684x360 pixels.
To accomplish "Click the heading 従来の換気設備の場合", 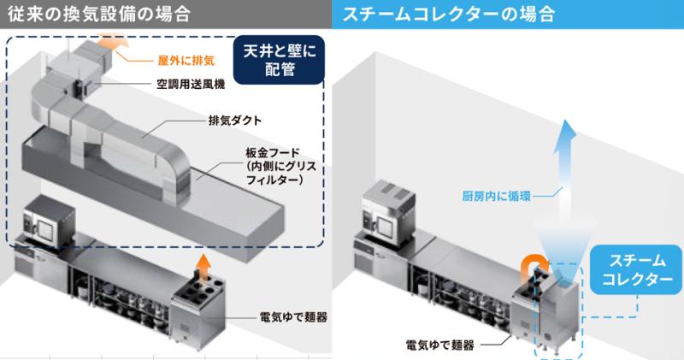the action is [99, 14].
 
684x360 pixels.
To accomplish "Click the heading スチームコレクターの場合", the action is [448, 14].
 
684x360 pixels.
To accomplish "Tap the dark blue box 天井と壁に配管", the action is [280, 60].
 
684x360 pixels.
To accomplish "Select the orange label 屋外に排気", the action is [186, 60].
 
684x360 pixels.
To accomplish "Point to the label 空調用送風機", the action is [191, 84].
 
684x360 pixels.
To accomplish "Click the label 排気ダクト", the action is [234, 120].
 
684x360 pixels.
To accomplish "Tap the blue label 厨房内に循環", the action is [496, 196].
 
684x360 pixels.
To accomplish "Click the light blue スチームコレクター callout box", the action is [636, 269].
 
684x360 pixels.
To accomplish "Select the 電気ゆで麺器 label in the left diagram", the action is [293, 316].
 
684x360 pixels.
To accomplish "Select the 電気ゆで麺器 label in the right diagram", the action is [439, 345].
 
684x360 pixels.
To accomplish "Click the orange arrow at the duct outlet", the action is [111, 44].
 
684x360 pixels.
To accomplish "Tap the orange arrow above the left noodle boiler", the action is [202, 264].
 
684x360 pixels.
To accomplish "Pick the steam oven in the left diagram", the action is [49, 218].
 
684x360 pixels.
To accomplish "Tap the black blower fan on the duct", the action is [78, 87].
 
